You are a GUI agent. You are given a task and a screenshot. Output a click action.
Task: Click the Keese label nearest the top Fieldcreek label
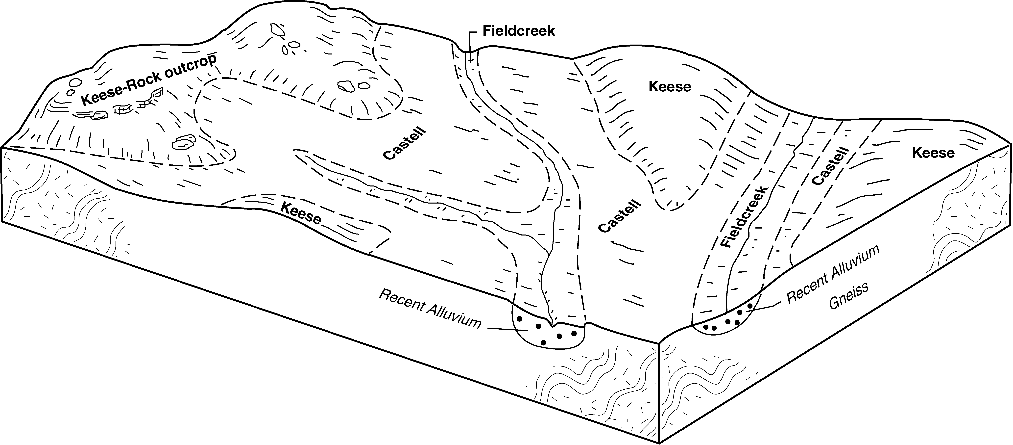(670, 87)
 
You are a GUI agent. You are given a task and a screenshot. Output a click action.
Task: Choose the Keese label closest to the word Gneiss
(933, 153)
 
